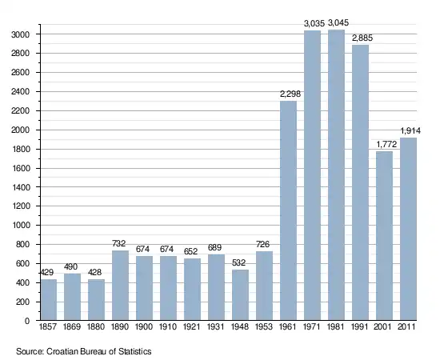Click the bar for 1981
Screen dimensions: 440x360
click(336, 175)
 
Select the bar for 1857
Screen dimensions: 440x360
click(49, 300)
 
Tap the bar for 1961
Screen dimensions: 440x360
click(288, 210)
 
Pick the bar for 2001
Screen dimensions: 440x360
click(384, 236)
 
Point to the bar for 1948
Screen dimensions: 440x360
click(241, 295)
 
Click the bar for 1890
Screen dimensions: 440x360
click(120, 286)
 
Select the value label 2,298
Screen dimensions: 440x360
click(290, 94)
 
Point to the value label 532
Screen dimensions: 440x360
click(239, 262)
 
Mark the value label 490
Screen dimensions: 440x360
click(70, 266)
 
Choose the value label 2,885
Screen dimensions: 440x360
click(362, 38)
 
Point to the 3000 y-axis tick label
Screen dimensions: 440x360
click(20, 34)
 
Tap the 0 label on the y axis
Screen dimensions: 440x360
click(27, 321)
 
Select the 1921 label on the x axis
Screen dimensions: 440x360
click(192, 326)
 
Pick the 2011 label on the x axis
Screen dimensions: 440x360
click(406, 326)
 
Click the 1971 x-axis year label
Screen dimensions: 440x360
click(312, 326)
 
